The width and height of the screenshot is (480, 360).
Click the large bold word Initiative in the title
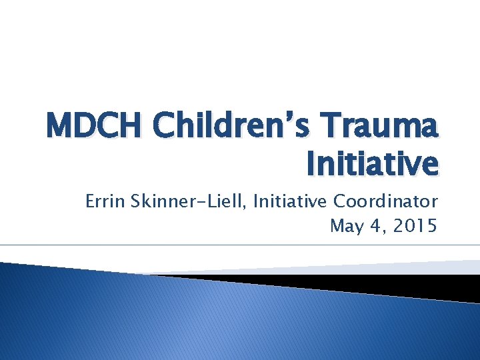(372, 163)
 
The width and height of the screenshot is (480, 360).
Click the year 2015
(414, 227)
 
